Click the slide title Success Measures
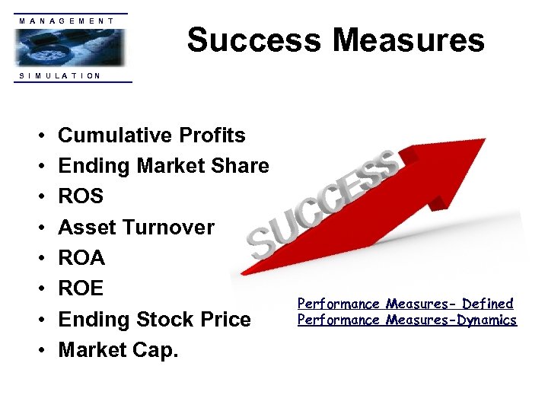coord(335,40)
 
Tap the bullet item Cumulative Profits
coord(151,135)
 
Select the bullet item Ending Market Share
coord(164,166)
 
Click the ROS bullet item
coord(81,196)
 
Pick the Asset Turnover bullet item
coord(136,227)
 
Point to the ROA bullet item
coord(81,258)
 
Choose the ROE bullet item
coord(81,288)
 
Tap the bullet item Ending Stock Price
coord(155,320)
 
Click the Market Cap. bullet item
coord(119,350)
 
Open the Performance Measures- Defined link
coord(405,304)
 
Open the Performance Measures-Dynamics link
coord(406,320)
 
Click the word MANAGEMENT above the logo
coord(67,21)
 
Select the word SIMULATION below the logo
coord(60,75)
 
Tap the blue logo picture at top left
coord(69,48)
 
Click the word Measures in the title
coord(409,40)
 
